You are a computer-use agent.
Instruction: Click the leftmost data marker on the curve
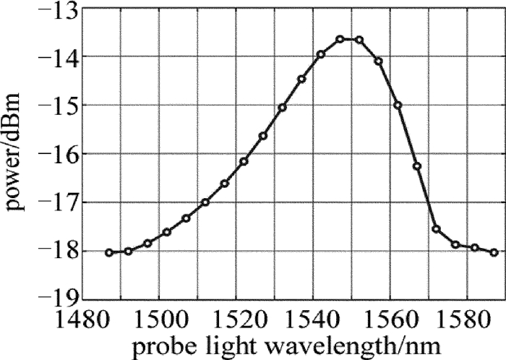(x=109, y=252)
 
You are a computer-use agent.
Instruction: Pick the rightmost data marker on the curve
(x=494, y=252)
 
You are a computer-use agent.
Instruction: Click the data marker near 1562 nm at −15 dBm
(x=398, y=106)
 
